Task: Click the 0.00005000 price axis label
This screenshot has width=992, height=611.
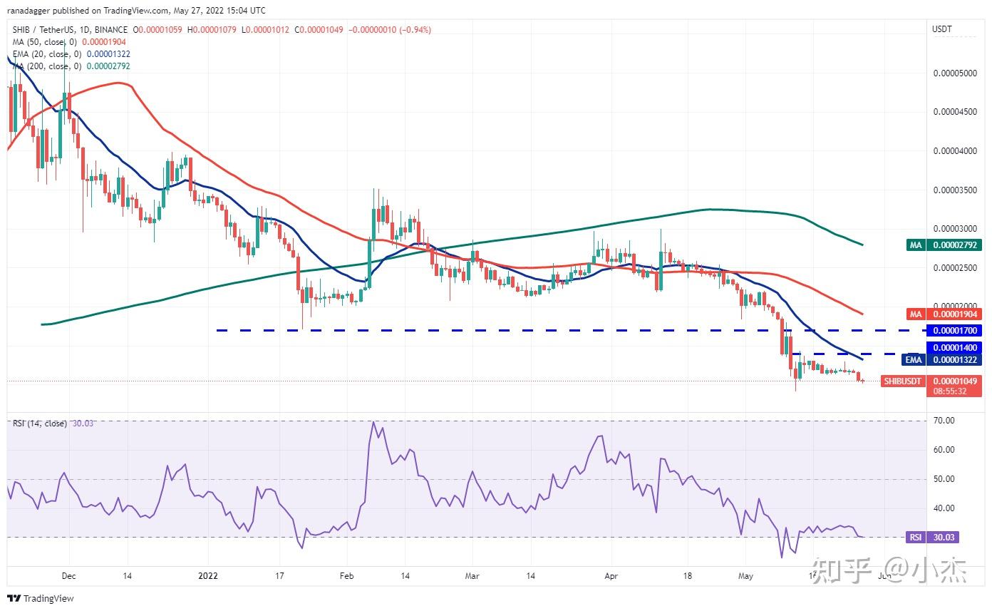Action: pyautogui.click(x=954, y=73)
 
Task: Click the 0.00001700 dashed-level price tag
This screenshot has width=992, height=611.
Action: pyautogui.click(x=954, y=332)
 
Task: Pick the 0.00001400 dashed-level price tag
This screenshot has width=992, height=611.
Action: pyautogui.click(x=954, y=347)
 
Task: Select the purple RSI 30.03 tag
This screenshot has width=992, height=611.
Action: pyautogui.click(x=932, y=538)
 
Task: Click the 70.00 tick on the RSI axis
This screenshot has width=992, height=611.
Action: pyautogui.click(x=944, y=421)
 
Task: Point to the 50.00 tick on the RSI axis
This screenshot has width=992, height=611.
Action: pyautogui.click(x=944, y=479)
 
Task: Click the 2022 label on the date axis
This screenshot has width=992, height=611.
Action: pyautogui.click(x=208, y=575)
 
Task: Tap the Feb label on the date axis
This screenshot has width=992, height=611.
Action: pyautogui.click(x=346, y=575)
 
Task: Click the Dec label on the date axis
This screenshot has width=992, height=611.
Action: pyautogui.click(x=68, y=575)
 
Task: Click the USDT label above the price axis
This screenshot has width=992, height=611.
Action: pyautogui.click(x=943, y=29)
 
